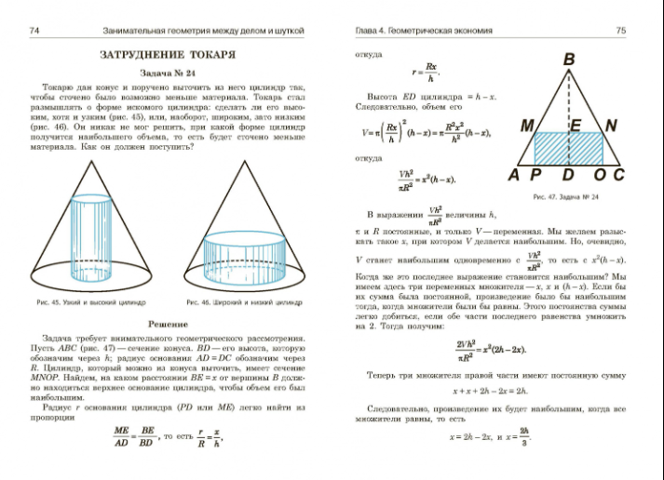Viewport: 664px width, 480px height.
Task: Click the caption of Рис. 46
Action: coord(244,302)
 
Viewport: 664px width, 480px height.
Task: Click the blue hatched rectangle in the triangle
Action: coord(570,149)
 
